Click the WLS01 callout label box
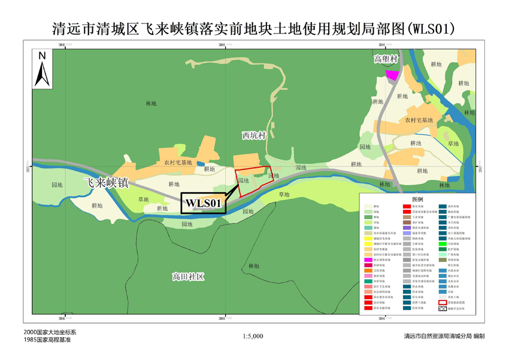coord(204,204)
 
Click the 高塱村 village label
coord(385,59)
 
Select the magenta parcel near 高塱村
coord(392,74)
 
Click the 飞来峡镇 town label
coord(106,183)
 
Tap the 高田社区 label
coord(188,277)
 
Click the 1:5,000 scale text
coord(254,337)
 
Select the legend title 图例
coord(417,199)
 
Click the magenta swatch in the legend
coord(368,260)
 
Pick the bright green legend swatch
coord(443,244)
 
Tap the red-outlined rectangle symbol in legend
coord(443,302)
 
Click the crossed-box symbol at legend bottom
coord(443,308)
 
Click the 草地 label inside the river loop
coord(453,144)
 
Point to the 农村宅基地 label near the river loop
coord(419,120)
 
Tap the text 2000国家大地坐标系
coord(49,332)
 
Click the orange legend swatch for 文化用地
coord(368,271)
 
